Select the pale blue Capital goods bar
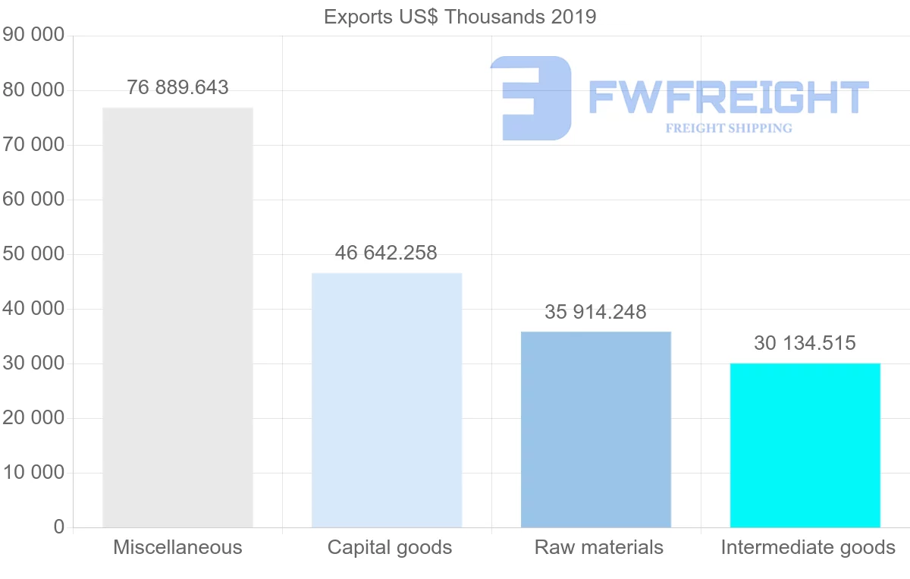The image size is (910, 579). (387, 400)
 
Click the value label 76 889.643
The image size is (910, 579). (177, 88)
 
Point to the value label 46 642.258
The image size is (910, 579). (386, 253)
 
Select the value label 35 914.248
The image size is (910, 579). (595, 312)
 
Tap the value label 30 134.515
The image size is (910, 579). (805, 344)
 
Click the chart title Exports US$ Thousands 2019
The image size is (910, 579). (460, 17)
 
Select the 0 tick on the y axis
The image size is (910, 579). (59, 527)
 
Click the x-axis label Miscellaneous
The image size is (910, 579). (177, 547)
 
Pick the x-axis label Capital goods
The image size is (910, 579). (390, 547)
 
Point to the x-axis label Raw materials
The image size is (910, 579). (599, 547)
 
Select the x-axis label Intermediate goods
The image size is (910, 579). (808, 547)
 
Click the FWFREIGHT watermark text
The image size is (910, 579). (728, 98)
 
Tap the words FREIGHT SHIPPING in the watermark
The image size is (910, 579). (729, 128)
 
